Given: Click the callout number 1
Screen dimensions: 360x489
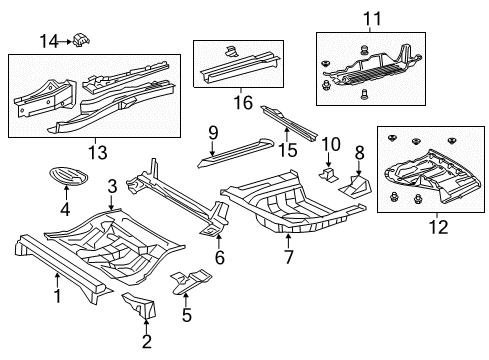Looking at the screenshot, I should pos(57,295).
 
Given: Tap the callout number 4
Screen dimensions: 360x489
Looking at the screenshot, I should pos(65,210).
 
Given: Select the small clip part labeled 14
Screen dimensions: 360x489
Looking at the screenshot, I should pos(80,39).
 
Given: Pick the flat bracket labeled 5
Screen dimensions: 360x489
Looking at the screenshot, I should pos(190,283).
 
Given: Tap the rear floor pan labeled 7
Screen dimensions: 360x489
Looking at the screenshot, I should pos(285,205).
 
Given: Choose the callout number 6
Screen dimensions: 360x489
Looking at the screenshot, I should pos(219,256).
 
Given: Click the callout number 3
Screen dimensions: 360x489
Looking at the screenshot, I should pos(112,185).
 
